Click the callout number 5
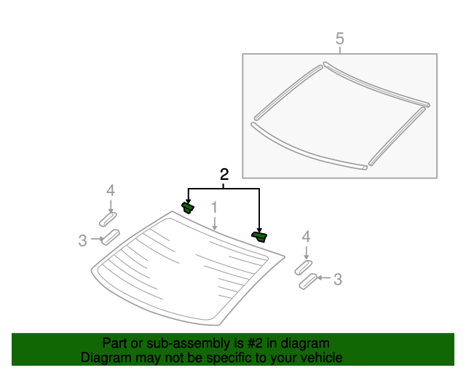pyautogui.click(x=339, y=39)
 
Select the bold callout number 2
pyautogui.click(x=224, y=174)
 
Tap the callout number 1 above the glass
pyautogui.click(x=215, y=208)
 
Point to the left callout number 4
pyautogui.click(x=110, y=191)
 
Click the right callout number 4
pyautogui.click(x=306, y=236)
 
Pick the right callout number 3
pyautogui.click(x=337, y=278)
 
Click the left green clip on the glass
pyautogui.click(x=188, y=208)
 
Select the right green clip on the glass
pyautogui.click(x=259, y=235)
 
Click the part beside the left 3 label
pyautogui.click(x=111, y=236)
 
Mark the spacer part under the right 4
pyautogui.click(x=304, y=267)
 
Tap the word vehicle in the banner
pyautogui.click(x=318, y=358)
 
